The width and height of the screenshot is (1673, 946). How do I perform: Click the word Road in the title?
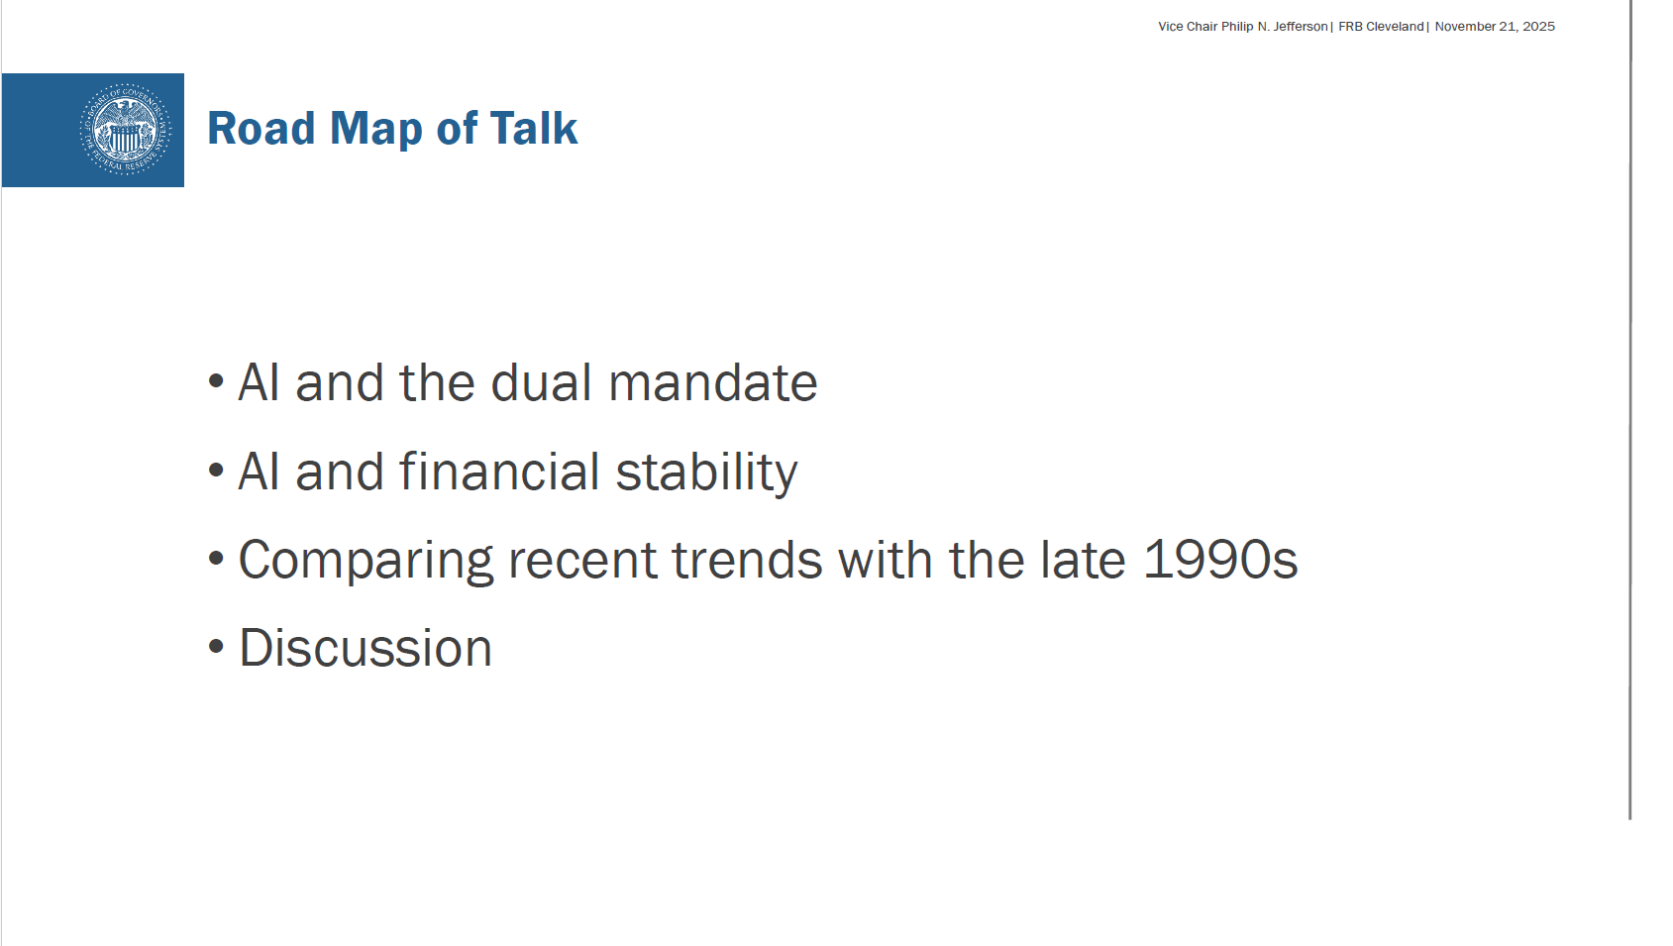click(261, 129)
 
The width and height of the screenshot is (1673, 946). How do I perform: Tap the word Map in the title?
click(375, 130)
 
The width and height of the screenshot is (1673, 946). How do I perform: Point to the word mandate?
click(713, 383)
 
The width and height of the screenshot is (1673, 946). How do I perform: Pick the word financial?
click(499, 472)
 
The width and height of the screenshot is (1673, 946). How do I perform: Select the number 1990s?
click(1220, 560)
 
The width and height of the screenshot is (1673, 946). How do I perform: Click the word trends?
click(747, 560)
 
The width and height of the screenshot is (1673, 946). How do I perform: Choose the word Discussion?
click(366, 648)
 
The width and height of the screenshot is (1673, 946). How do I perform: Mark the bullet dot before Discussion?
click(217, 647)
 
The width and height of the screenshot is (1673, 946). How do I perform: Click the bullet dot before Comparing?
click(217, 558)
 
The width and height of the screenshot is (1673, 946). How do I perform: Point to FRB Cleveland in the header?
click(1381, 27)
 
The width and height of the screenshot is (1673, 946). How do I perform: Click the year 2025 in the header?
click(1538, 27)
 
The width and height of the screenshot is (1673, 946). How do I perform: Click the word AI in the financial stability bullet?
click(259, 472)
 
